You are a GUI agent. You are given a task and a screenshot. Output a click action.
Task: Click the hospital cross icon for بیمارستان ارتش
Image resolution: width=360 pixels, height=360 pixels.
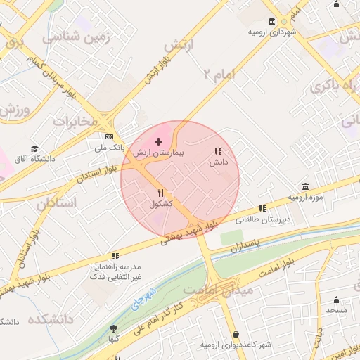click(x=158, y=141)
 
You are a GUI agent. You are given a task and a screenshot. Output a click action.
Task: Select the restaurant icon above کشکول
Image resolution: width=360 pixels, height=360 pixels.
click(x=161, y=193)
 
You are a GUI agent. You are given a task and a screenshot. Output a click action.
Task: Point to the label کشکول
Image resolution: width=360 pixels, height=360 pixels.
click(x=161, y=204)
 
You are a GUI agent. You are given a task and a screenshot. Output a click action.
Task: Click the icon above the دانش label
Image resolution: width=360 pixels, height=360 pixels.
click(x=217, y=151)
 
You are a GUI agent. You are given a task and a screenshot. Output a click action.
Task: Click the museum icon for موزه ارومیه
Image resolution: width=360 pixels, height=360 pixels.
click(x=305, y=186)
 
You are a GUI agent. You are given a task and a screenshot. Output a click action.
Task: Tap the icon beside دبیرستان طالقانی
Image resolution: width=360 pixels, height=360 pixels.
click(x=262, y=209)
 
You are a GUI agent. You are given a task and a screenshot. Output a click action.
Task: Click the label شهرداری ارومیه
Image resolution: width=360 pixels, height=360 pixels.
click(x=274, y=32)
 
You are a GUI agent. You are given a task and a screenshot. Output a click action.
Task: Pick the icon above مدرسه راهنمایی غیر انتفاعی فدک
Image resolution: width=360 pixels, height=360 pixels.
click(x=115, y=257)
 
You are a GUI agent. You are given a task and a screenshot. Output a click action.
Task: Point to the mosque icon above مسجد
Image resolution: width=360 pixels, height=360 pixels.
click(x=336, y=299)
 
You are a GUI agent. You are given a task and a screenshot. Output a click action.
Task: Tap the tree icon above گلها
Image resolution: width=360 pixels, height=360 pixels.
click(x=113, y=328)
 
